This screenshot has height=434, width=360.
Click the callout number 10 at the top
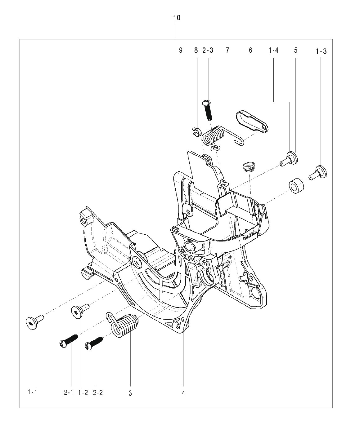pos(176,18)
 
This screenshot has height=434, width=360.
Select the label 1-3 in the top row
pos(321,52)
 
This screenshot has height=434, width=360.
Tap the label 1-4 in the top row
pos(273,51)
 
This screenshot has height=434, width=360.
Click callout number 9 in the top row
pos(180,50)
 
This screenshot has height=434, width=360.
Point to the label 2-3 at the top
pos(208,50)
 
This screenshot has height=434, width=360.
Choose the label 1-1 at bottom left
pos(32,392)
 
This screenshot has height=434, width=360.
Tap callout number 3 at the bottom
pos(130,393)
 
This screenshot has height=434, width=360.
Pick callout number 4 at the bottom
pos(183,393)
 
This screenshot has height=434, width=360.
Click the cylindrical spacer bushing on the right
pos(296,185)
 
